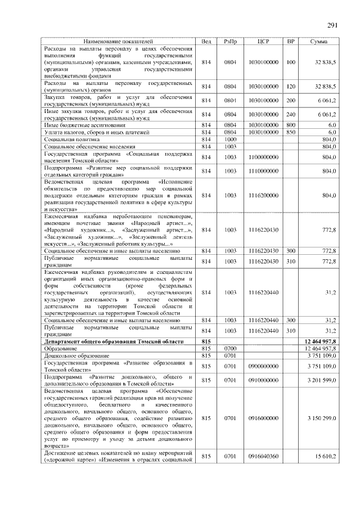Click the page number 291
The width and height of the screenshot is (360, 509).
(332, 25)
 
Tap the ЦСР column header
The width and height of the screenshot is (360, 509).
(264, 42)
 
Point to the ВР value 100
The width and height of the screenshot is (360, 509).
(291, 62)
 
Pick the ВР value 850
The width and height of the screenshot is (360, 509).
(291, 132)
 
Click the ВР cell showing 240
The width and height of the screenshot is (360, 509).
(291, 114)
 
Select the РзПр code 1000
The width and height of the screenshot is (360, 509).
(230, 139)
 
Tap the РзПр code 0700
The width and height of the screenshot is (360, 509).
(230, 349)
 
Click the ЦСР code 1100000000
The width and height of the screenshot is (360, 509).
(264, 157)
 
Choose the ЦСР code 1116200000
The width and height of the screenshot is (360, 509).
(264, 195)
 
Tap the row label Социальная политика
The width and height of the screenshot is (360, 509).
(71, 139)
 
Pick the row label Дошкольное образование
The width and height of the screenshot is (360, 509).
(75, 355)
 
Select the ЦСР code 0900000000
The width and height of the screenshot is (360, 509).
(264, 366)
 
